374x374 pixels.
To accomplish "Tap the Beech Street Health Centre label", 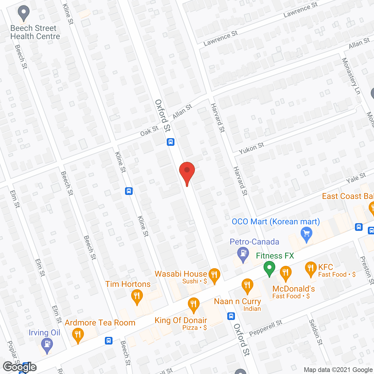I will [35, 32].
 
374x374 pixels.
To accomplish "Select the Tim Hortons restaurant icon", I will [137, 296].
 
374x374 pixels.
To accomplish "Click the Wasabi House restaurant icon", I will [214, 275].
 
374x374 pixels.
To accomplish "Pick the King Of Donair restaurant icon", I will [193, 304].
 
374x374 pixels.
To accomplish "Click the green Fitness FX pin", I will [269, 268].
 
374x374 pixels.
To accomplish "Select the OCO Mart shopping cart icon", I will [306, 234].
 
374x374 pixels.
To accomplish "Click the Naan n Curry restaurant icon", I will [247, 285].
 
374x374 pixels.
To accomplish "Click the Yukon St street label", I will [251, 148].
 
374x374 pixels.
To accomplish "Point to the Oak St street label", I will [149, 131].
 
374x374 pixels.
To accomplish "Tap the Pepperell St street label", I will [266, 328].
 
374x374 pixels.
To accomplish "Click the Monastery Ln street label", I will [351, 76].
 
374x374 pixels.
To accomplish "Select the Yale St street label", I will [356, 178].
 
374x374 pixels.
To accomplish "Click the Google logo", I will [20, 367].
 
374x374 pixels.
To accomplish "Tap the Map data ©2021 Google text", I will [338, 370].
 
